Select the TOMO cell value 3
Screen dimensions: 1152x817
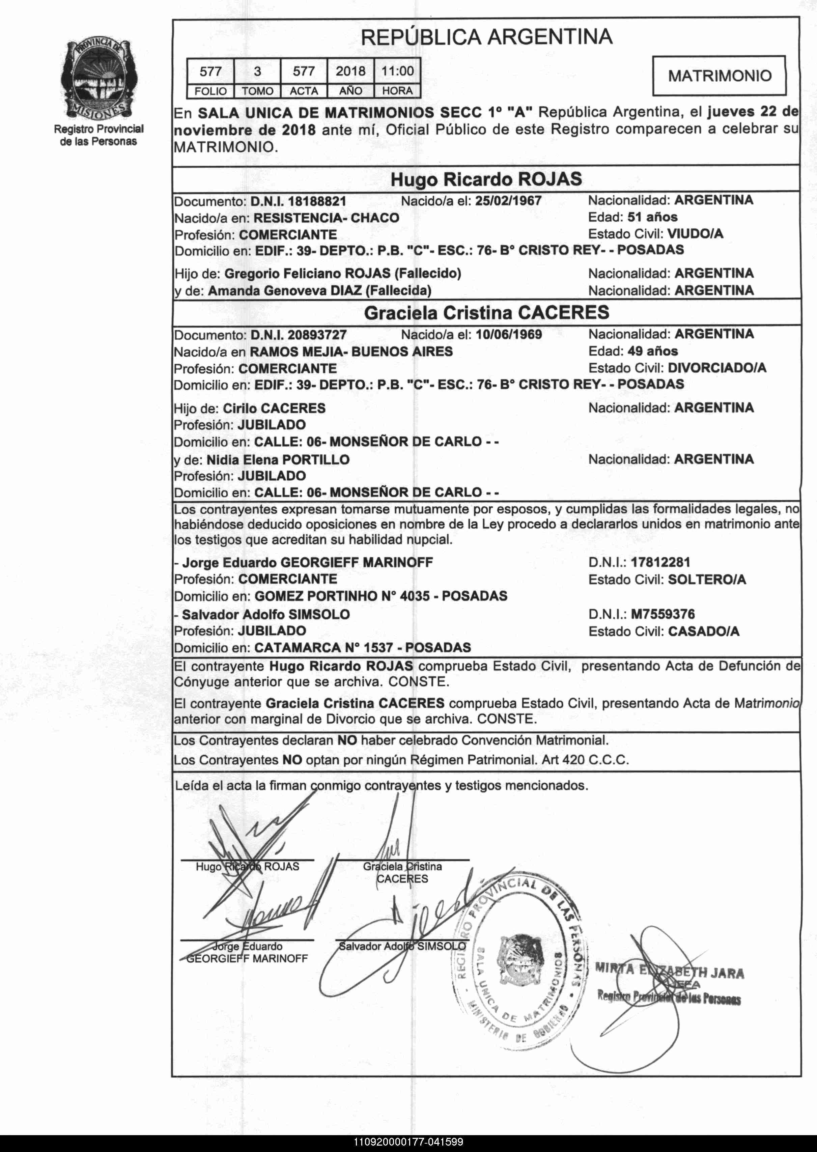click(257, 72)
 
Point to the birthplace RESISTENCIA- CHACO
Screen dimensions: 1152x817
click(326, 218)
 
